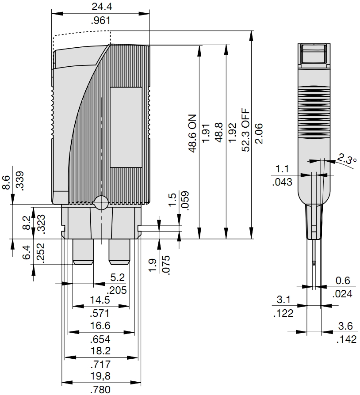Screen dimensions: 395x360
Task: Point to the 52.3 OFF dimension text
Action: click(x=246, y=131)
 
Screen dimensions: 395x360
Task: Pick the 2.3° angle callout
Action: click(x=347, y=159)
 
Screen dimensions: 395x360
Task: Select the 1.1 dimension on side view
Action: click(x=283, y=168)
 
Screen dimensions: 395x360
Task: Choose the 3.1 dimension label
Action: click(x=283, y=300)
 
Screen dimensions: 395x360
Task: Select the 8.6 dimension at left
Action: click(x=6, y=182)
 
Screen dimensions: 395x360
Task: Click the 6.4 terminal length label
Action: click(x=26, y=253)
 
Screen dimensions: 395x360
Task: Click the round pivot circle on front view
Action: click(x=101, y=202)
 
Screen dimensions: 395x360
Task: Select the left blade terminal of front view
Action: click(x=83, y=252)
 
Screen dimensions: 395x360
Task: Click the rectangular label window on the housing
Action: click(x=126, y=127)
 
